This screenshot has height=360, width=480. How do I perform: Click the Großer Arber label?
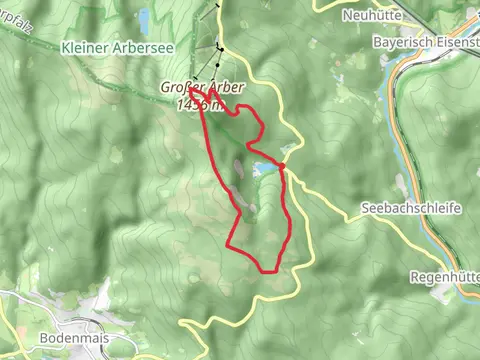(x=201, y=87)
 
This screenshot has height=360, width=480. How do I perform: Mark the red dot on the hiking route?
(x=283, y=165)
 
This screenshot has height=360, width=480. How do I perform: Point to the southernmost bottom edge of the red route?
(x=268, y=271)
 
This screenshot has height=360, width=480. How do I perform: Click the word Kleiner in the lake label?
(x=83, y=47)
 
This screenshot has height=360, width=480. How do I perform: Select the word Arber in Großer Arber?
(x=225, y=87)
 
